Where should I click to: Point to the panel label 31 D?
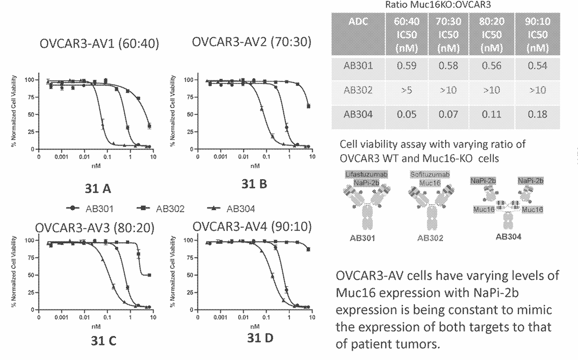point(261,337)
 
